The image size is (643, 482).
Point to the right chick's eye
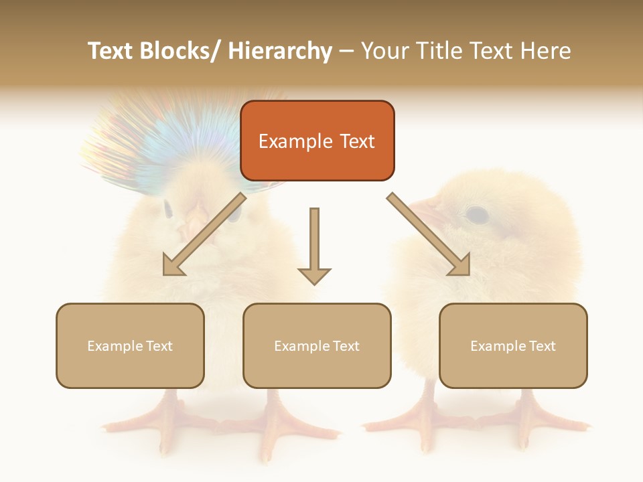[x=476, y=215]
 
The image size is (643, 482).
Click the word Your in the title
[x=384, y=51]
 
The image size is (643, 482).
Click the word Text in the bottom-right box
[x=542, y=346]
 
